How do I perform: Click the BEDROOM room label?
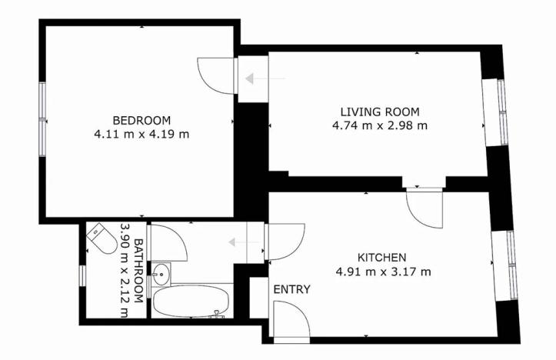(x=141, y=120)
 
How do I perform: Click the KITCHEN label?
(x=381, y=257)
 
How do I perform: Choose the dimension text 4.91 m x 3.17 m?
(x=381, y=271)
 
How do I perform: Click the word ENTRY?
(x=292, y=290)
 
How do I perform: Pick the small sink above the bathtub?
(x=161, y=272)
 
